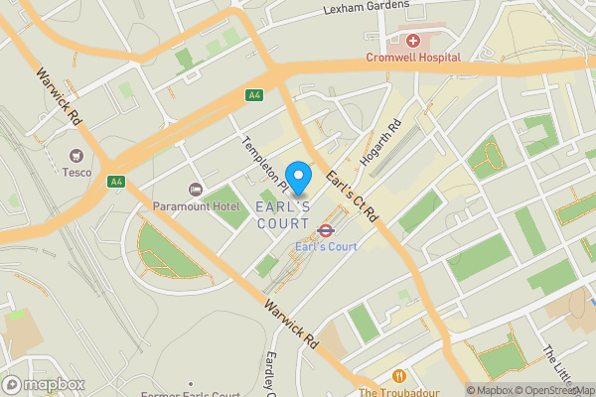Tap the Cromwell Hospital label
tap(413, 58)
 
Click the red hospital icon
tap(412, 41)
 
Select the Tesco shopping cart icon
tap(75, 156)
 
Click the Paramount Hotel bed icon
tap(196, 189)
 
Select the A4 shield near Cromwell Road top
tap(255, 94)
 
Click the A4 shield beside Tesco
tap(116, 181)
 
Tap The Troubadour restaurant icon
tap(399, 376)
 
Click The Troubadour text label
tap(399, 392)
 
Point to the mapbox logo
tap(43, 384)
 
